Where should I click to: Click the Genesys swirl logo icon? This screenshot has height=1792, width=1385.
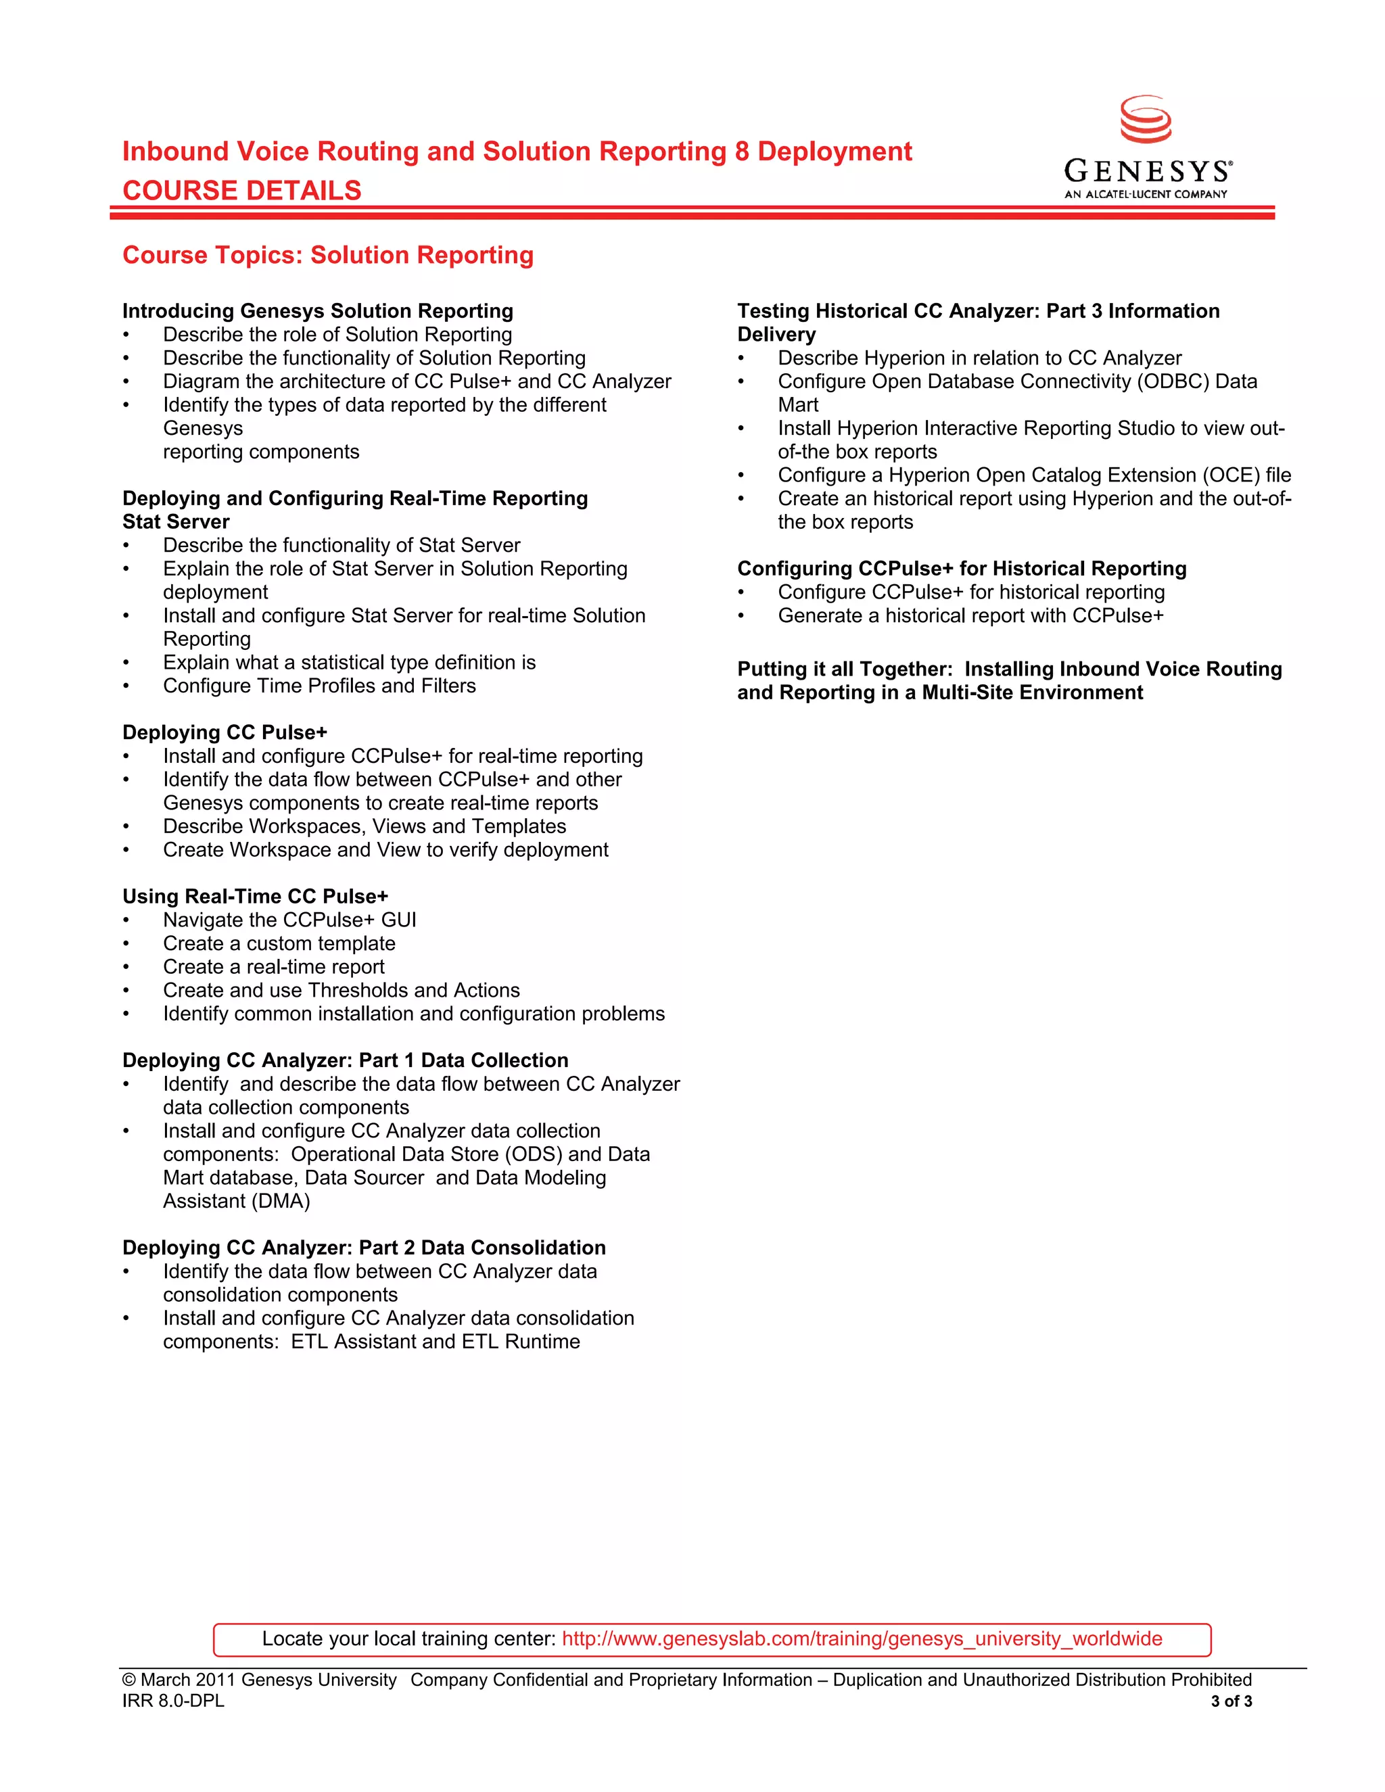(1146, 120)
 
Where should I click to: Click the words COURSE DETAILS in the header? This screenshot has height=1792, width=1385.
(242, 191)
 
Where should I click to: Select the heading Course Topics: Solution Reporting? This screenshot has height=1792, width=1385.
(327, 255)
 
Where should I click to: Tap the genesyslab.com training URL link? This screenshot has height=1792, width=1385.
(862, 1638)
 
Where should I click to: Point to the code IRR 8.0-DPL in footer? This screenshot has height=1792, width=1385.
(173, 1701)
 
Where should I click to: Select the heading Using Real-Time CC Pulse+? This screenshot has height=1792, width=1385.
(255, 896)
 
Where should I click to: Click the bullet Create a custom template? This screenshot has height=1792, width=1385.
(279, 943)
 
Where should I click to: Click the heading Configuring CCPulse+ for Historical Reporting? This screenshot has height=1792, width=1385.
(962, 569)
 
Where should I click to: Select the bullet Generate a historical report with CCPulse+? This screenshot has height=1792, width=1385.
(970, 615)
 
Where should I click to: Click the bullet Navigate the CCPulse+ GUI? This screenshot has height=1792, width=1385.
(289, 920)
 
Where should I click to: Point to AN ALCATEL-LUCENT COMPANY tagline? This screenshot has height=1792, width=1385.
(1146, 195)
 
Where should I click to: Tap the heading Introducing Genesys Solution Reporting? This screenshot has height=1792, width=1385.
(318, 311)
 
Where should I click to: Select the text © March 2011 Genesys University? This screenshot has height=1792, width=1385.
(259, 1680)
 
